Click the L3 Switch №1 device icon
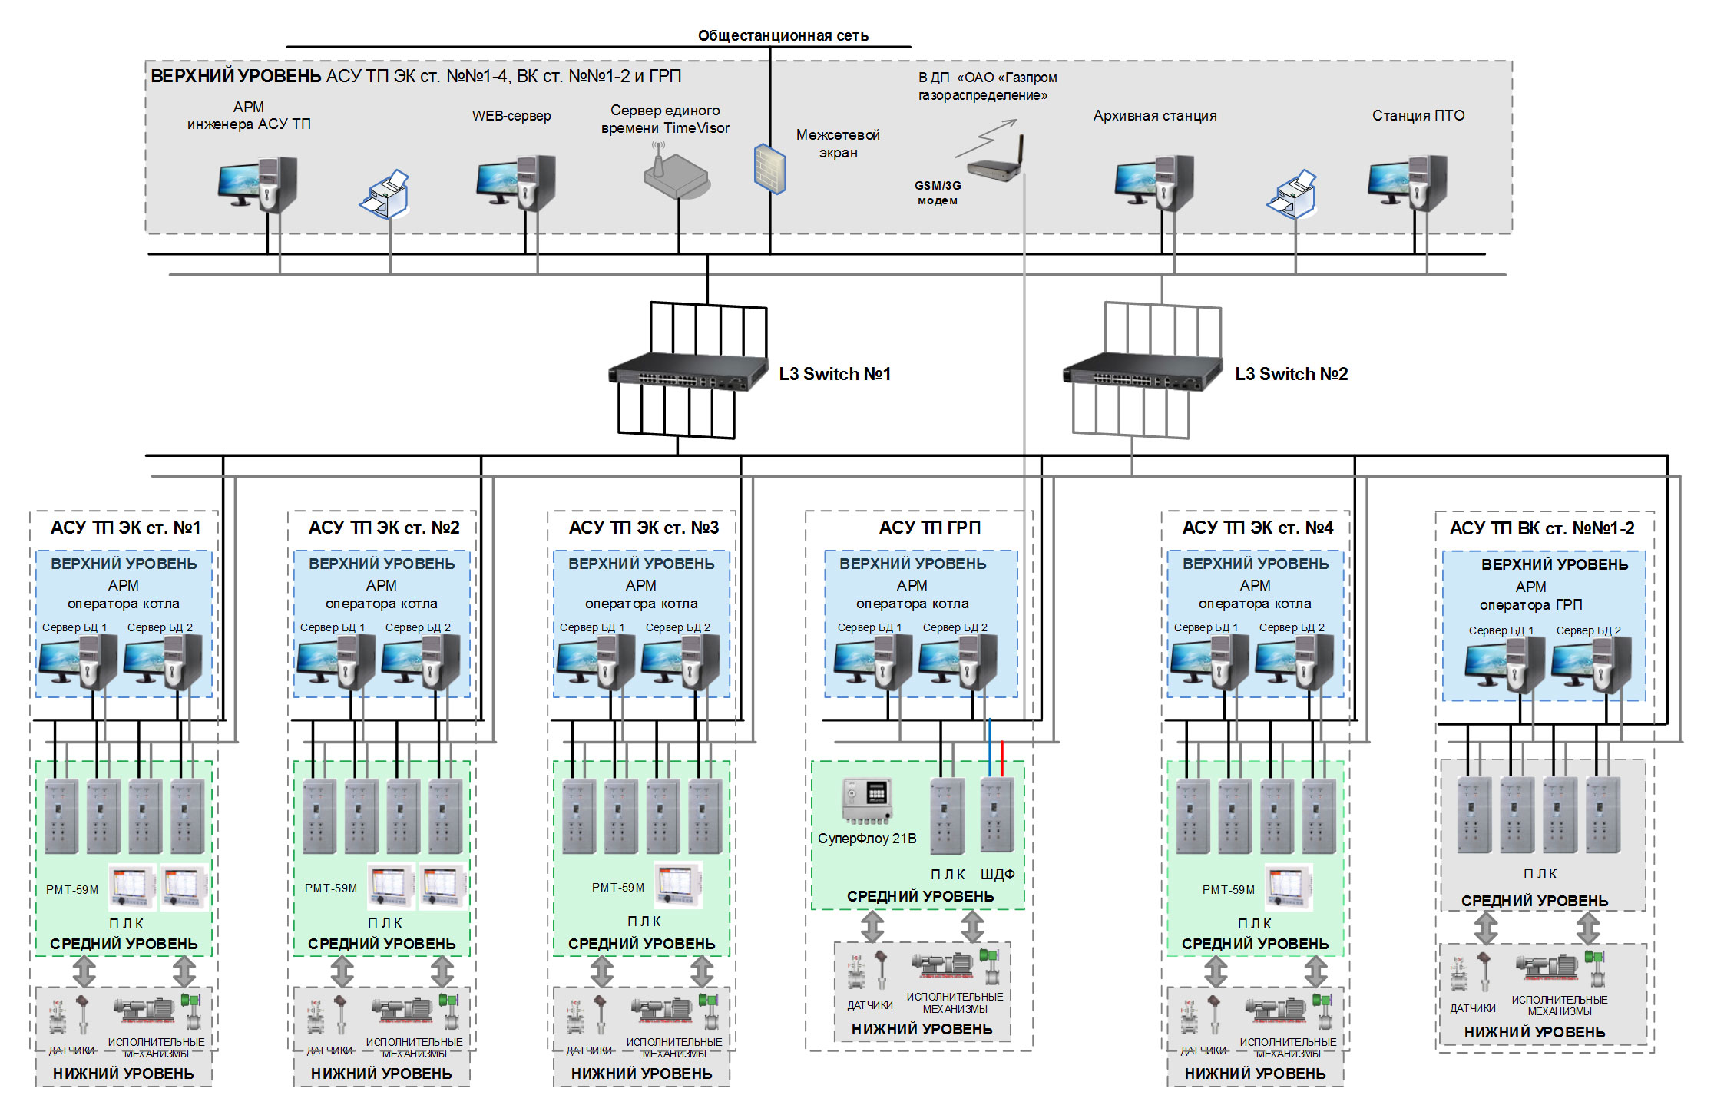pos(687,372)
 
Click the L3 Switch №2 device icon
pos(1142,372)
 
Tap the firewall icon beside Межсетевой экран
pos(769,169)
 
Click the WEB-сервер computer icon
pos(515,183)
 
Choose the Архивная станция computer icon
pos(1154,183)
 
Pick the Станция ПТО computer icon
pos(1407,183)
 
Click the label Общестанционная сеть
pos(783,35)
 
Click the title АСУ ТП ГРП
pos(929,528)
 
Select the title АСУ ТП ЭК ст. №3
pos(644,528)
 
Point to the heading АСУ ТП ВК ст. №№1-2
pos(1541,528)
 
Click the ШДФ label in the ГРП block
pos(997,874)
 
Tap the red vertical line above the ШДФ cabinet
pos(1002,756)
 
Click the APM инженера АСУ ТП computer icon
pos(257,184)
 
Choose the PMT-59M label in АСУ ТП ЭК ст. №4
pos(1228,889)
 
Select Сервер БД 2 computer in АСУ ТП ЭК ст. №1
pos(163,661)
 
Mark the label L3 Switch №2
pos(1291,374)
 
